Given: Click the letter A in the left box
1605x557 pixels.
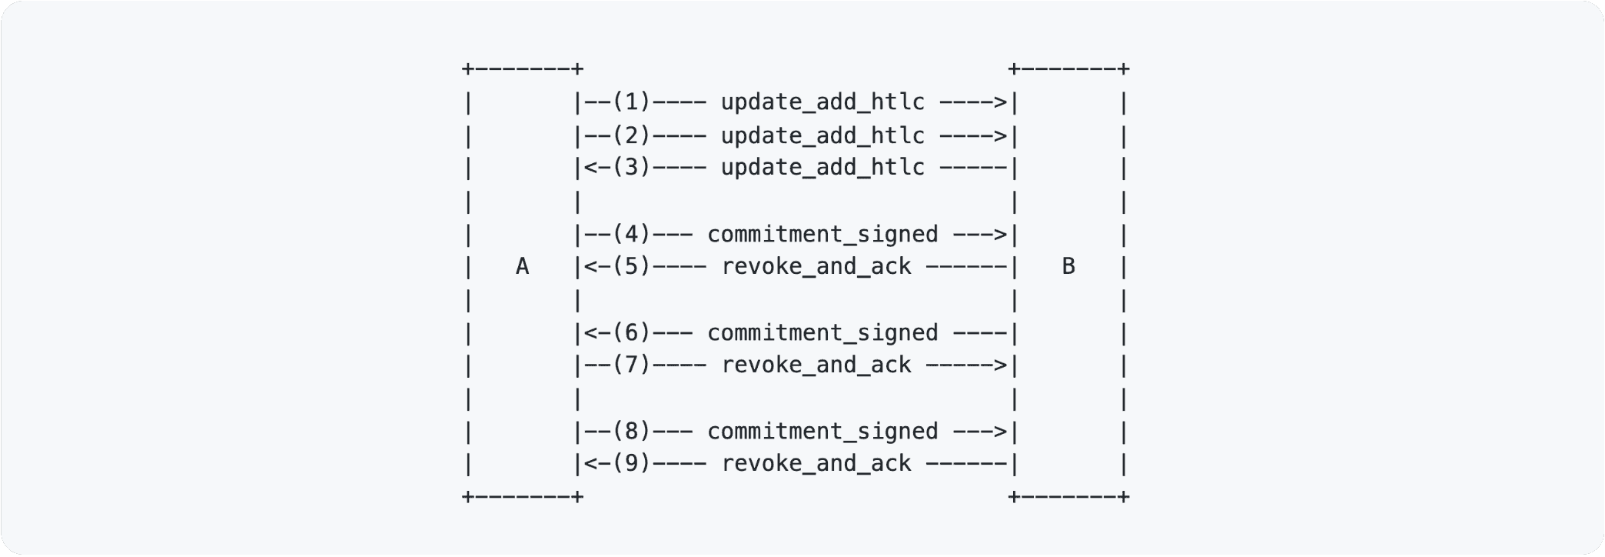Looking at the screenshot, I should pos(522,267).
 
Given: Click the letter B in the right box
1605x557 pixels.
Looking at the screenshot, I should pos(1068,267).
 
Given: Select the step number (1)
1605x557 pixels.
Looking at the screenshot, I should pos(631,102).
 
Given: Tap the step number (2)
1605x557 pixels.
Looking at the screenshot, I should pos(631,136).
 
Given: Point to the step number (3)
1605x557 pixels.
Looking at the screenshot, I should pos(631,168).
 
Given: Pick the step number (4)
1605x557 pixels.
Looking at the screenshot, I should pos(631,235).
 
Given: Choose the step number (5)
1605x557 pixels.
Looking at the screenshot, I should pos(631,267).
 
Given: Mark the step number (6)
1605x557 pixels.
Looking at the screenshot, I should pos(631,333).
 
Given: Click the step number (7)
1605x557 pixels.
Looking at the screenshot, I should pos(631,365).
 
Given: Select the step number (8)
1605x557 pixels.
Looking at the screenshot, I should pos(631,432).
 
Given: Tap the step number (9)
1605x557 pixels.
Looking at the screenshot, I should pos(631,464).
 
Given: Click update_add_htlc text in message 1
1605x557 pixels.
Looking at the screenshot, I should pos(822,102).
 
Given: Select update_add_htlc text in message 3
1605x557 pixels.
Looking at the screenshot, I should pos(822,168).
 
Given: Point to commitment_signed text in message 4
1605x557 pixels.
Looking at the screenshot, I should pos(822,235).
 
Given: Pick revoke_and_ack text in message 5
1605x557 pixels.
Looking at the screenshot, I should pos(816,267).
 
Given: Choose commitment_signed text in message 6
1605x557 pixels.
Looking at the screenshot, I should pos(822,333).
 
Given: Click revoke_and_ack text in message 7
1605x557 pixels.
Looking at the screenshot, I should pos(816,365).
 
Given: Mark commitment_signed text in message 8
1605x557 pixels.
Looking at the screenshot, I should pos(822,432).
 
